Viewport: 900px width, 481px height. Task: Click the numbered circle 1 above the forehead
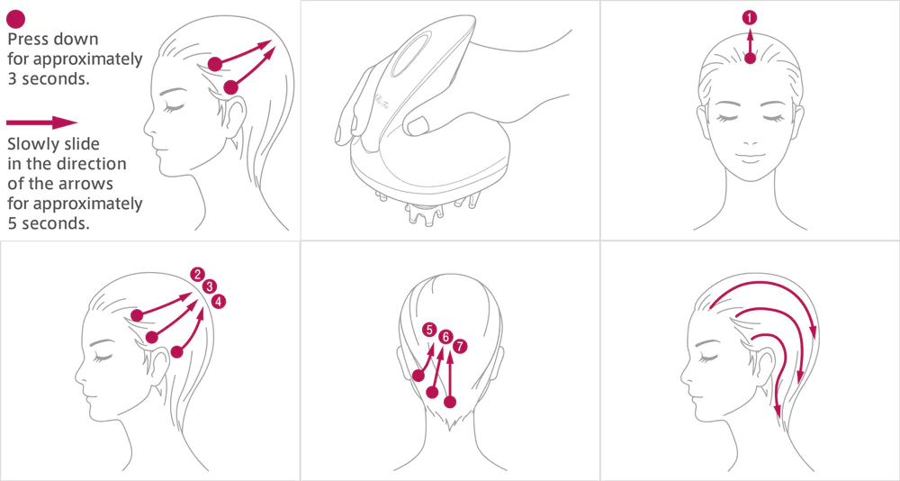[x=749, y=18]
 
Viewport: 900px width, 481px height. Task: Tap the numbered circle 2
[x=197, y=274]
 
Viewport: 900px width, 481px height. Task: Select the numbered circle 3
[x=209, y=286]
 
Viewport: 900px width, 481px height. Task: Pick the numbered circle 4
[x=219, y=301]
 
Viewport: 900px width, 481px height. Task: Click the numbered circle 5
[x=429, y=330]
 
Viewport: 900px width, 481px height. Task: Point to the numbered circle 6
[x=445, y=338]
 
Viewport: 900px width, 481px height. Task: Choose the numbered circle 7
[x=460, y=346]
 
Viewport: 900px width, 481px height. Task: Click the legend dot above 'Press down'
[x=16, y=19]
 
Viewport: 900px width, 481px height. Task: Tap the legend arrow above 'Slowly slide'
[x=41, y=123]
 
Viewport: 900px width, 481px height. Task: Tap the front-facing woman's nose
[x=751, y=140]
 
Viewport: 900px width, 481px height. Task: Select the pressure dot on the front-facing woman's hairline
[x=750, y=58]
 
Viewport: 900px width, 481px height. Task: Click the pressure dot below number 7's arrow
[x=450, y=402]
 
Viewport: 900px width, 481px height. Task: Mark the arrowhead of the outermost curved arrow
[x=813, y=332]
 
